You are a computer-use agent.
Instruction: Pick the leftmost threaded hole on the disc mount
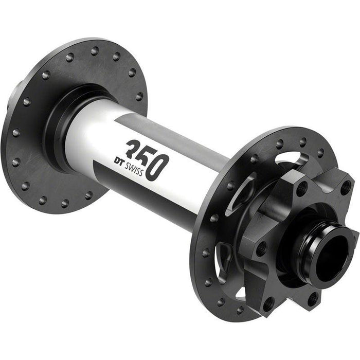261,249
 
